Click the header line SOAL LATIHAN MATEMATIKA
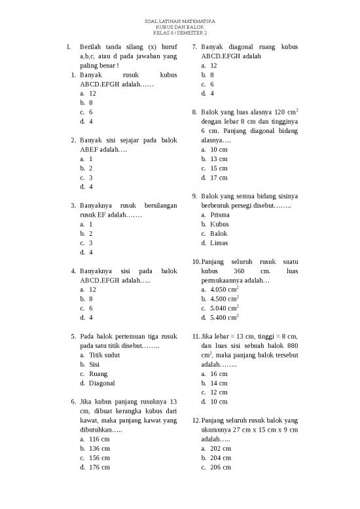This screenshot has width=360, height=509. point(179,22)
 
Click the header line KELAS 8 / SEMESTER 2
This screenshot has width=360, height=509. point(179,33)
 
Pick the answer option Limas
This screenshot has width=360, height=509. point(219,243)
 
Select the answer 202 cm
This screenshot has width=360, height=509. point(221,448)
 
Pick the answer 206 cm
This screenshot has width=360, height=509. point(221,467)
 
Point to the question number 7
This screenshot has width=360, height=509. point(195,48)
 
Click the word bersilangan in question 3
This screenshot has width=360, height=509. point(157,206)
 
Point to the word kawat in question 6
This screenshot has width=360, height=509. point(88,420)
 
